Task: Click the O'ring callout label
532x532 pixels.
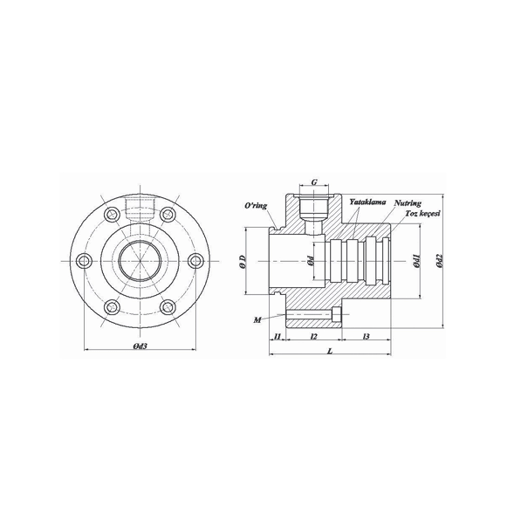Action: point(256,205)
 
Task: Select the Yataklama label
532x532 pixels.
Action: point(368,202)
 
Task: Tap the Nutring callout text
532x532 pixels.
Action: point(408,203)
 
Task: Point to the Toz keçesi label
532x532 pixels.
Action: point(422,213)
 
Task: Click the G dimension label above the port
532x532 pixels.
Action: point(314,182)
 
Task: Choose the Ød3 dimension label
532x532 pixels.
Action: point(140,346)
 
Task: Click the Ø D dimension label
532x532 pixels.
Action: point(242,261)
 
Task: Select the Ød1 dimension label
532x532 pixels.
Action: point(417,261)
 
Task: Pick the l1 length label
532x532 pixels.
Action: point(278,336)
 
